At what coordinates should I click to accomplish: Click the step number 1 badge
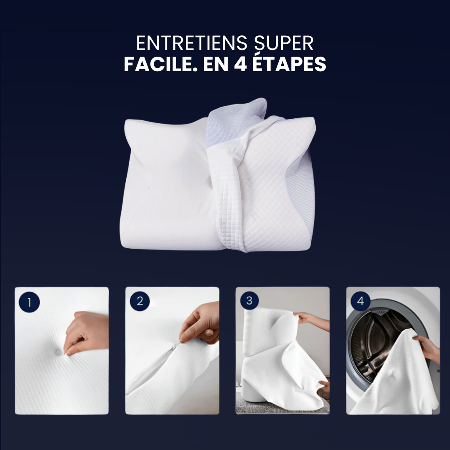29,302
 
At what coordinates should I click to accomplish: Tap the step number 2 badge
140,302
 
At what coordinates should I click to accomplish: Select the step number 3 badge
249,301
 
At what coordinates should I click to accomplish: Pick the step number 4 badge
360,301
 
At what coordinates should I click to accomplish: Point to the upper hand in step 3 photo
310,319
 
